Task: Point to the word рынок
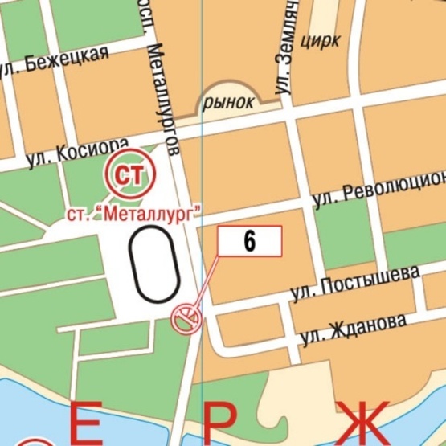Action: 229,102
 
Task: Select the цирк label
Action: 319,40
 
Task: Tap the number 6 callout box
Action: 250,240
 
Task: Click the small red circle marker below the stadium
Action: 186,318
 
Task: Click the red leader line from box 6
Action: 206,281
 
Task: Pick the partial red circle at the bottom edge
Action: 32,441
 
